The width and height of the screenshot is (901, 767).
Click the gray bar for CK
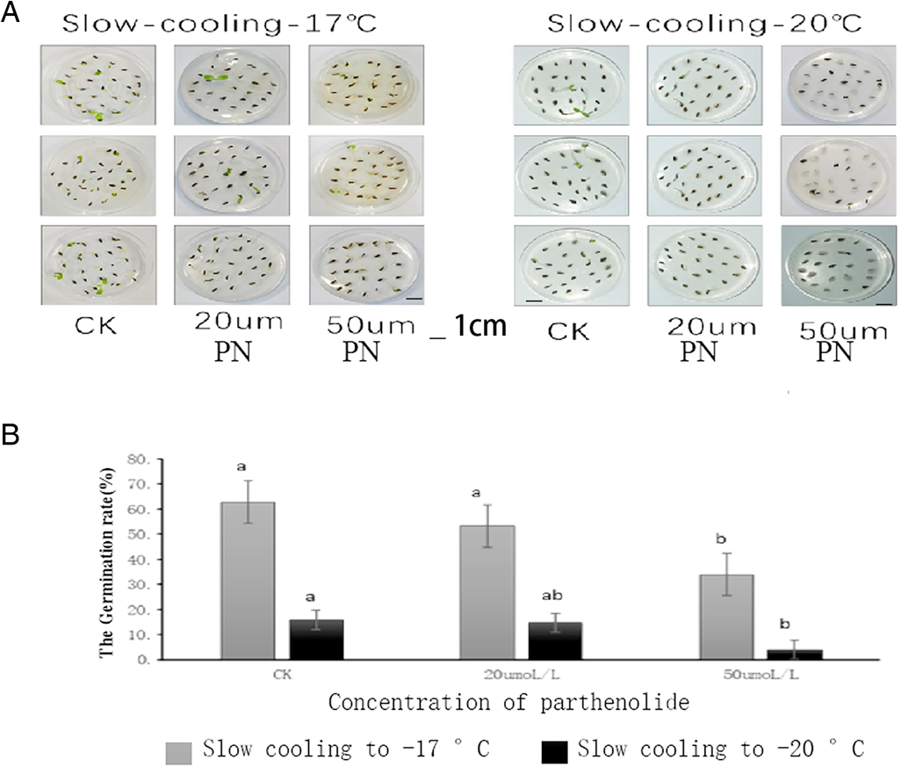pyautogui.click(x=248, y=580)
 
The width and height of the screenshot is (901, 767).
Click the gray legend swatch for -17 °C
pyautogui.click(x=179, y=752)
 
